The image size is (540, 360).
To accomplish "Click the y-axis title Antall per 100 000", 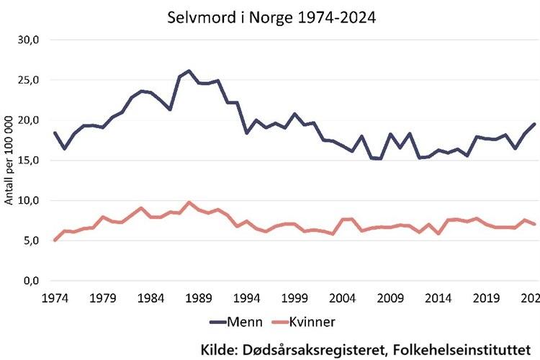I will point(10,161).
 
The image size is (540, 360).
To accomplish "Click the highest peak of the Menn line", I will point(189,71).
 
